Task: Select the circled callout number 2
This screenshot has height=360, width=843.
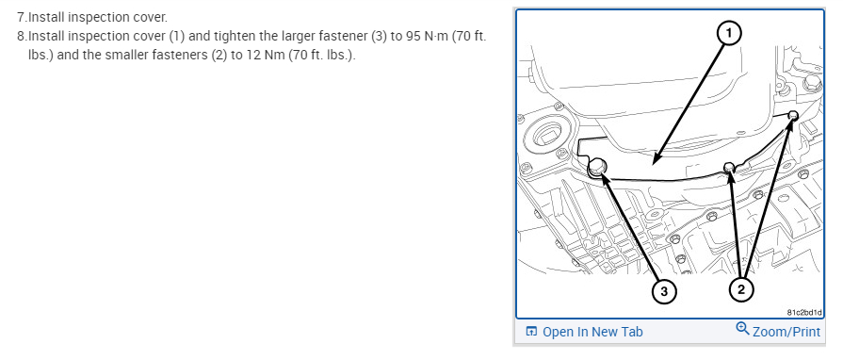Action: [x=741, y=290]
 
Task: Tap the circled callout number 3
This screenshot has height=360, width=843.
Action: [x=664, y=291]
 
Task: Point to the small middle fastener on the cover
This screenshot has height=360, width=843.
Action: [x=729, y=167]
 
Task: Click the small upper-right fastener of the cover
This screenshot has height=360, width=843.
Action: [x=792, y=115]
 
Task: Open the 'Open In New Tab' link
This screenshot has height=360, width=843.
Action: [x=592, y=332]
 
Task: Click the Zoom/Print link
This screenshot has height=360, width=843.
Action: [x=786, y=332]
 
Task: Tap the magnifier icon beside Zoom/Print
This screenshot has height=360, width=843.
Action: [x=742, y=329]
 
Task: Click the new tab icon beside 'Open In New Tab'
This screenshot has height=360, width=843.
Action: [x=532, y=332]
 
